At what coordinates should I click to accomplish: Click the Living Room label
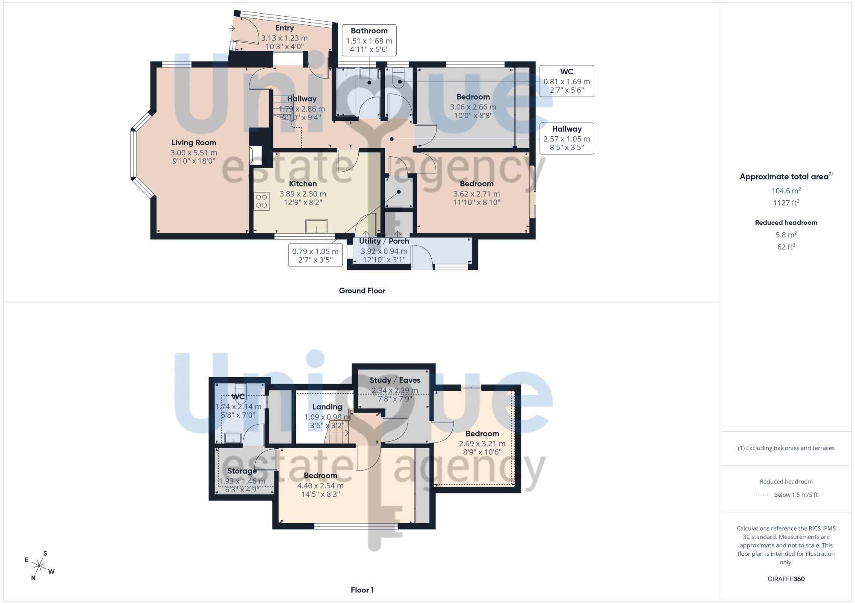194,143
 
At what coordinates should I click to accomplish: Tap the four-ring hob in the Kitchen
262,201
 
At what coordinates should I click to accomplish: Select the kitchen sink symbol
317,226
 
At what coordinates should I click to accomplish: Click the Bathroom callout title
369,31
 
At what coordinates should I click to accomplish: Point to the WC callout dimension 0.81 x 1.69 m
567,82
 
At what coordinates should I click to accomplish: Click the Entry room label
285,28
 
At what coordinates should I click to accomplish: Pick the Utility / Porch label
384,241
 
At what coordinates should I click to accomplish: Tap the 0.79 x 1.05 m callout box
315,255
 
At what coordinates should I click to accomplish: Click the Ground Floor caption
362,290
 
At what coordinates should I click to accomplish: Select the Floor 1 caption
362,590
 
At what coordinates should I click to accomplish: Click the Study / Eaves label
395,380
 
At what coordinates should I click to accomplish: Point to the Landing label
327,407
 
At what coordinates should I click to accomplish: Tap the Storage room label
242,471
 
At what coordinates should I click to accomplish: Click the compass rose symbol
39,566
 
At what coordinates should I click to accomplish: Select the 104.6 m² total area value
786,191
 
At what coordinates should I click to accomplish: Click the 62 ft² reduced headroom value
786,246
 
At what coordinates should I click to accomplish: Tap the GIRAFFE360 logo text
786,579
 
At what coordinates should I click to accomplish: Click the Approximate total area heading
786,176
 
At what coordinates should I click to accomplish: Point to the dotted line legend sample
762,495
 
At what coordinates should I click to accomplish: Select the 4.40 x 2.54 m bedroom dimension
321,486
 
